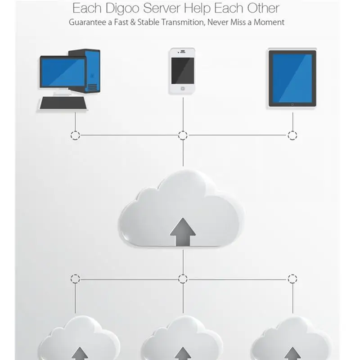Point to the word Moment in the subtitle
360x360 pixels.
(x=269, y=22)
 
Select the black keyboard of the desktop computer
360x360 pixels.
(x=64, y=103)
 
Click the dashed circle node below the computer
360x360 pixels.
(x=76, y=135)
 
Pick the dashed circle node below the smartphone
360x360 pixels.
(x=183, y=135)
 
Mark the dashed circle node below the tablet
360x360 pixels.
(x=292, y=135)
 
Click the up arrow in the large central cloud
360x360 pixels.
(x=183, y=231)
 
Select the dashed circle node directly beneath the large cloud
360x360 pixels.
(x=183, y=279)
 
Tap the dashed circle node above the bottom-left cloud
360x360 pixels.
(x=76, y=279)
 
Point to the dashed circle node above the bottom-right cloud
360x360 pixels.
(x=292, y=279)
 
